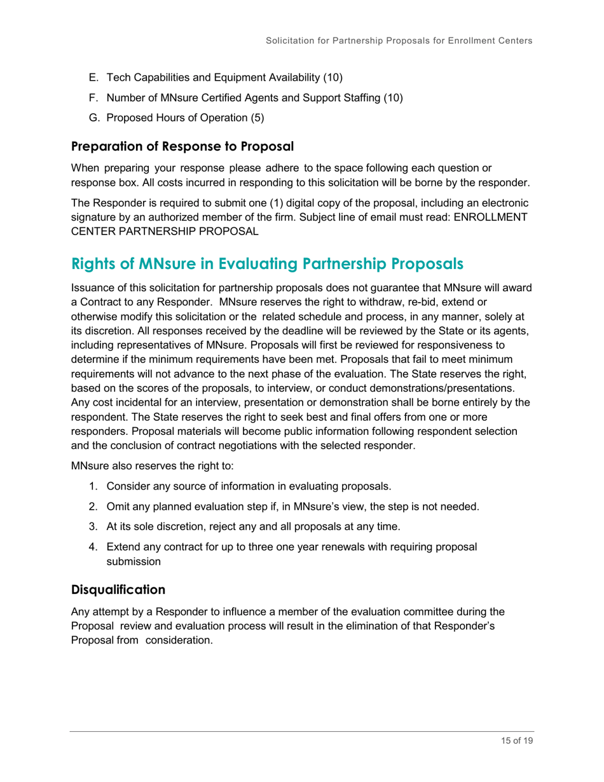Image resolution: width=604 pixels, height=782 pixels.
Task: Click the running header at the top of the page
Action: pos(399,41)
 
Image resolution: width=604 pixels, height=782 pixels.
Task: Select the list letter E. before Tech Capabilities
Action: pos(93,78)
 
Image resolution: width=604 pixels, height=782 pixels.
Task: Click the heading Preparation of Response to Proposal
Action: pos(182,146)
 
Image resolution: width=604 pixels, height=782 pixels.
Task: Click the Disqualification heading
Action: pos(118,589)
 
